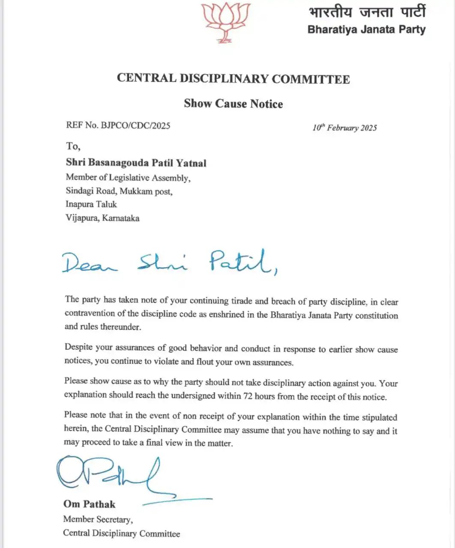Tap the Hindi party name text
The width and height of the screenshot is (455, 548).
pos(367,12)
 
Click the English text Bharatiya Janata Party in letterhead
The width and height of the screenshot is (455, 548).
pos(366,30)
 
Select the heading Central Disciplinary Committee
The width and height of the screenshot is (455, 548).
pos(233,78)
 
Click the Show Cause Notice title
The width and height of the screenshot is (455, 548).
pos(233,104)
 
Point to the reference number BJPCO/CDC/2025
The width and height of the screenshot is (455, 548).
pos(135,125)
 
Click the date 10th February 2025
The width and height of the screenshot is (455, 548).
pos(344,128)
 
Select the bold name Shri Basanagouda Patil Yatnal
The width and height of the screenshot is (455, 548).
pos(136,163)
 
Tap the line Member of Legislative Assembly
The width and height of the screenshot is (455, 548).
pos(128,178)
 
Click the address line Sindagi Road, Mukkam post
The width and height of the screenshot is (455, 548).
pos(119,191)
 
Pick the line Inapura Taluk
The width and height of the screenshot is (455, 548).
pos(91,204)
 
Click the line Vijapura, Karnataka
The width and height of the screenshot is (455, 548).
pos(102,218)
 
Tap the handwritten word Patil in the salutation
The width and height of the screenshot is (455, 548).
pos(242,262)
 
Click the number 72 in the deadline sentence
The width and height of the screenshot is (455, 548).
pos(248,396)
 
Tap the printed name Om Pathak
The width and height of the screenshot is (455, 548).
pos(89,504)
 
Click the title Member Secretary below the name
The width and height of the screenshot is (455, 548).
pos(98,519)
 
